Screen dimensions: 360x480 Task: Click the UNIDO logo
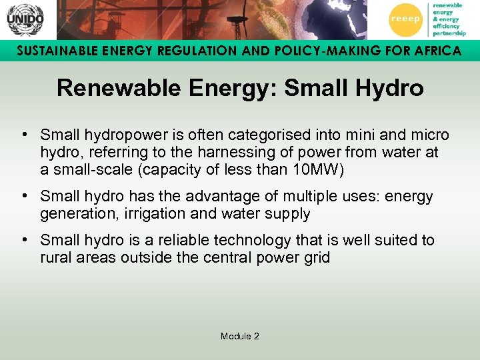25,19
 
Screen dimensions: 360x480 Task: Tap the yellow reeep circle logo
405,20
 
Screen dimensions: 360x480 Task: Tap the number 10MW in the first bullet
317,169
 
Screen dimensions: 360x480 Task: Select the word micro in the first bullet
429,135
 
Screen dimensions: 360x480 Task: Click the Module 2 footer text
240,336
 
